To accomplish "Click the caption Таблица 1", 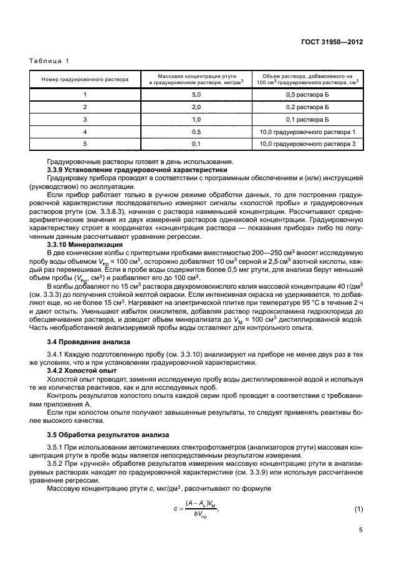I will pos(47,60).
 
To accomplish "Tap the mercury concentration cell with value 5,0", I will pos(196,94).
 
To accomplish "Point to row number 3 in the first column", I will pos(85,119).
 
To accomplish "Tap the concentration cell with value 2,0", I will pos(196,107).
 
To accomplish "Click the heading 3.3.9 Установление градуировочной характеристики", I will pos(137,170).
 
